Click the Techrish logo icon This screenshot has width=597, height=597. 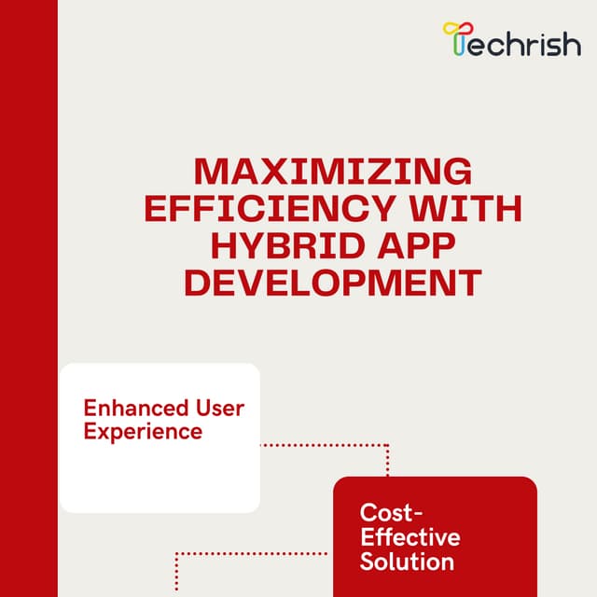point(455,38)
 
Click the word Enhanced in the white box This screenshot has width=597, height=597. point(129,409)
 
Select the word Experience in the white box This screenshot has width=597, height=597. point(143,432)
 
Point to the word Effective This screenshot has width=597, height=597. point(410,537)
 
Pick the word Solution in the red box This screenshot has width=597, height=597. point(407,562)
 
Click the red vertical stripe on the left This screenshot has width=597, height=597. point(28,298)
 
